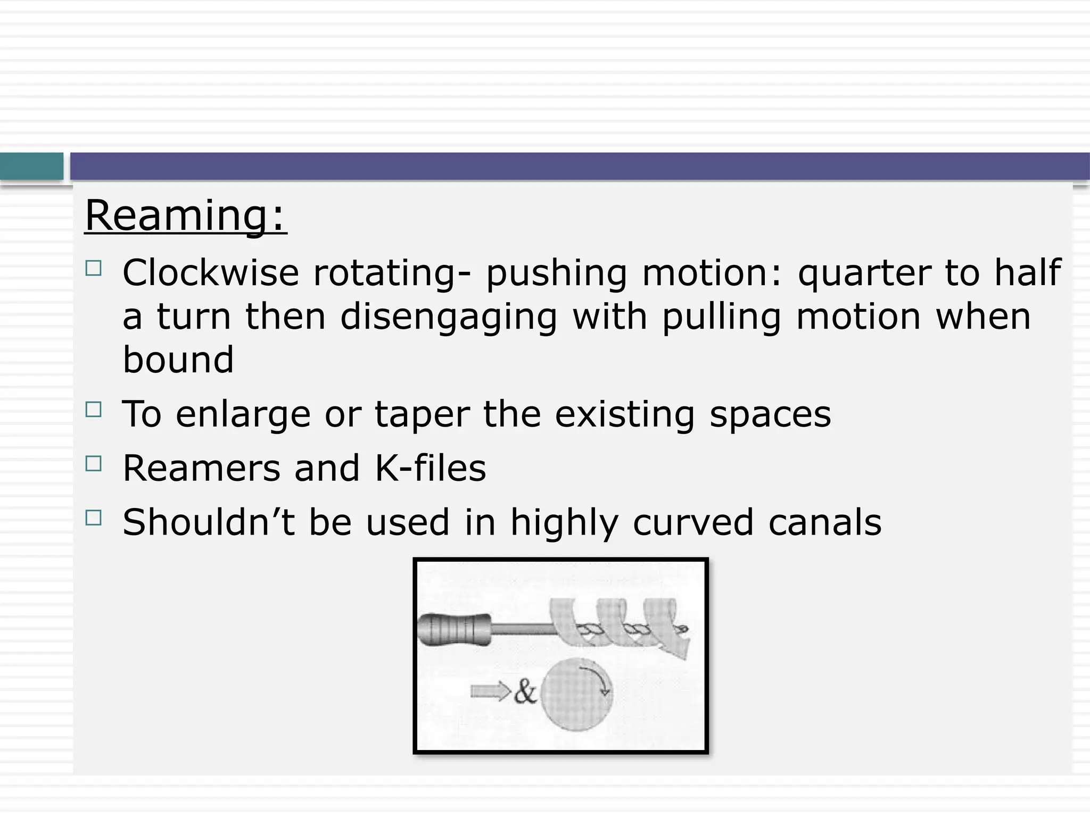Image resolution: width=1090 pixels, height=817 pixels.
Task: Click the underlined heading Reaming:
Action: pos(186,215)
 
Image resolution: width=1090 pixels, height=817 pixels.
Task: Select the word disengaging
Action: pos(449,318)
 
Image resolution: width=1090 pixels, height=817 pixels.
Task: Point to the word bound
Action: pos(178,360)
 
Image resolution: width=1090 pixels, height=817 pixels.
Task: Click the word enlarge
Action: pos(243,415)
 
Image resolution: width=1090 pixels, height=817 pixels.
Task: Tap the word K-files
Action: pos(431,468)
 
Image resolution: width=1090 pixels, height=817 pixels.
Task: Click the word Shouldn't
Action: pos(209,522)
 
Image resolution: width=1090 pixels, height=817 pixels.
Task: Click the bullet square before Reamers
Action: pos(93,464)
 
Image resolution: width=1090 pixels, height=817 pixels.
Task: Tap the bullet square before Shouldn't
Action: pos(93,518)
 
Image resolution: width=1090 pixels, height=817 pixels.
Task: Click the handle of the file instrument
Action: pos(453,630)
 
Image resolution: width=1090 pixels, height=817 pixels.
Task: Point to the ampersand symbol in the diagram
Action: pos(525,692)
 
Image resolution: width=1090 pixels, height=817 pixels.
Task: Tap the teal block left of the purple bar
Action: pos(31,166)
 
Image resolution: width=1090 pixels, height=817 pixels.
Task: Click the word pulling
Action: pos(722,318)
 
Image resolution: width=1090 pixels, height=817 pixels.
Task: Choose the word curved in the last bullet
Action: pos(693,522)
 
